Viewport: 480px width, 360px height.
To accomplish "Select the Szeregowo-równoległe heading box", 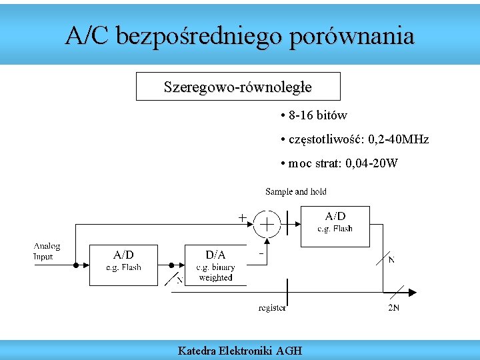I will pyautogui.click(x=238, y=87).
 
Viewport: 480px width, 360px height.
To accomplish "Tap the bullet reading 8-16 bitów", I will pyautogui.click(x=314, y=115).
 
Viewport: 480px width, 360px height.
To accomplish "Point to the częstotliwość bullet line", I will pyautogui.click(x=355, y=139).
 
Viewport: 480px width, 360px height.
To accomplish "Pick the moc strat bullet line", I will pyautogui.click(x=339, y=163).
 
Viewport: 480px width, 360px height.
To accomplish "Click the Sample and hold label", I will pyautogui.click(x=296, y=192).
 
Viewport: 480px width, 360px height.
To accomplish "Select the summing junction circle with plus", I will pyautogui.click(x=267, y=225).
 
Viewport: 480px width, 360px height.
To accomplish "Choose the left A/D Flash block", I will pyautogui.click(x=123, y=265).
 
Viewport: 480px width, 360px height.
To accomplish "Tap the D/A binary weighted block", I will pyautogui.click(x=215, y=265).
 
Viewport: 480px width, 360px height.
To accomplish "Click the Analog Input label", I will pyautogui.click(x=47, y=251).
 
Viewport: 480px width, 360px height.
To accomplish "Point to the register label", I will pyautogui.click(x=272, y=307).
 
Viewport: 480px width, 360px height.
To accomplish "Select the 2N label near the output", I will pyautogui.click(x=393, y=308).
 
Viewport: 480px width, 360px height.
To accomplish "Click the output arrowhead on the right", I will pyautogui.click(x=412, y=292).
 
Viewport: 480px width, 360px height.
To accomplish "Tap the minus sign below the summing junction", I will pyautogui.click(x=261, y=254).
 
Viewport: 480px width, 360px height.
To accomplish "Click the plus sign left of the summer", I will pyautogui.click(x=242, y=217).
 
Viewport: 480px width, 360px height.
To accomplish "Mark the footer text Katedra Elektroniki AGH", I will pyautogui.click(x=239, y=350).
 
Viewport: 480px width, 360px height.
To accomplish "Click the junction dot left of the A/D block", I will pyautogui.click(x=76, y=265).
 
